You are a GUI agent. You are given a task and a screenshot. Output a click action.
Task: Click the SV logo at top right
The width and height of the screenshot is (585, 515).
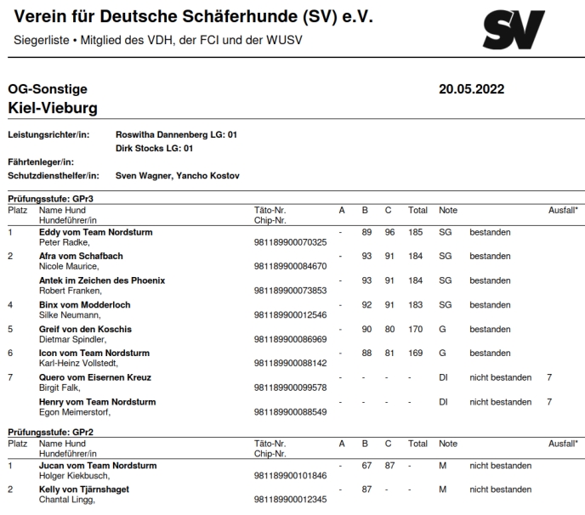pos(513,30)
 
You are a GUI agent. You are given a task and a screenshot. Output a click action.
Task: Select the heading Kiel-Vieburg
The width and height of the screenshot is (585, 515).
pos(53,108)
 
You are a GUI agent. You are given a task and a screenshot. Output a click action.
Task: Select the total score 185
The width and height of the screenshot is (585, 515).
pos(417,231)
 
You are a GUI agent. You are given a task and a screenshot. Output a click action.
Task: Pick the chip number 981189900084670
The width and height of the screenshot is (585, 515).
pos(290,266)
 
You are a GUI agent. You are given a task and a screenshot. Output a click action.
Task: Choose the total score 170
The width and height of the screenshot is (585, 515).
pos(417,329)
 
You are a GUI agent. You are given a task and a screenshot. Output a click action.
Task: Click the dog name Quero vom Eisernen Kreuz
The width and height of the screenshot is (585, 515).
pos(95,377)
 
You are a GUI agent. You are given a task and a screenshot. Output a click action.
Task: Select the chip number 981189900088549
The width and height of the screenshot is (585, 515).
pos(290,412)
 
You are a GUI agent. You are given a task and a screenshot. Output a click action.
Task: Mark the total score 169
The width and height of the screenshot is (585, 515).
pos(417,353)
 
